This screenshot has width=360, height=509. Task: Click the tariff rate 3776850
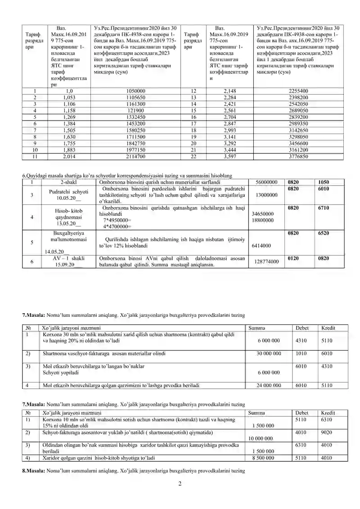coord(298,157)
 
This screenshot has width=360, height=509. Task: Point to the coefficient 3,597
coord(229,157)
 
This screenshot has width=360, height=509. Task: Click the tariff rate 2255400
coord(298,91)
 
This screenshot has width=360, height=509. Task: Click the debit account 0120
coord(293,258)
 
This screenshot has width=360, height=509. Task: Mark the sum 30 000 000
coord(269,354)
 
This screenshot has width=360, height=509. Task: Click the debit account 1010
coord(301,354)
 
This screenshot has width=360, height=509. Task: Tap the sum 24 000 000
coord(269,386)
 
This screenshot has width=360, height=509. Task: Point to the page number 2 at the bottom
coord(180,484)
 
